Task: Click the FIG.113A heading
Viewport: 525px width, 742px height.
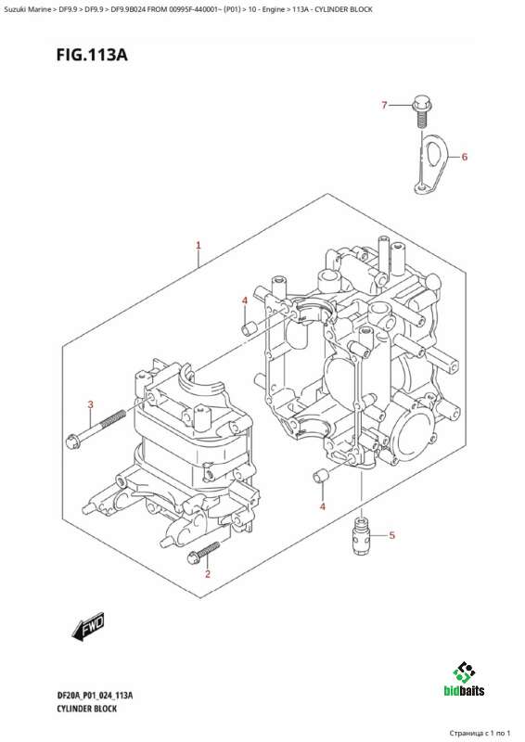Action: click(92, 55)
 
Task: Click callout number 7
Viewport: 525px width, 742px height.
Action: click(384, 105)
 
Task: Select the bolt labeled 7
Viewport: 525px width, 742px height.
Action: click(421, 110)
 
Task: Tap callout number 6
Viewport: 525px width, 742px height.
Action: click(465, 157)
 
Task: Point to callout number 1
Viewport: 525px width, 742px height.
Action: click(198, 245)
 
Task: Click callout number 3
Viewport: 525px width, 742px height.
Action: click(90, 404)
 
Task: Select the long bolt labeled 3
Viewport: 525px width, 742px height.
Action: click(96, 429)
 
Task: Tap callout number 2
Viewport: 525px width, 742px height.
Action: click(208, 574)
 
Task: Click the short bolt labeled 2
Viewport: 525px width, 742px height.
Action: click(203, 553)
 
